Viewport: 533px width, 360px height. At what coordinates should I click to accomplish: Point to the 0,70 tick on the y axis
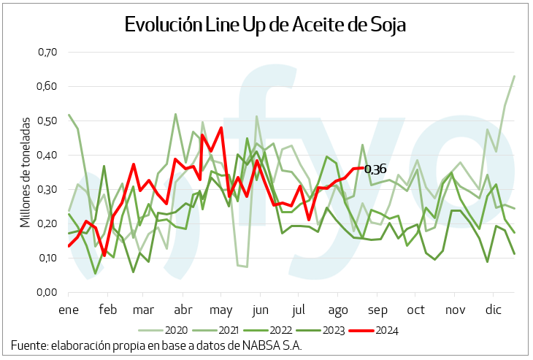[x=47, y=52]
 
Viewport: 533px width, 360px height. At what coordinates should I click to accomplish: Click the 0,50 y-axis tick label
[x=47, y=120]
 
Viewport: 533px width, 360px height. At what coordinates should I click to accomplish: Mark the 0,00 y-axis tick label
[x=47, y=292]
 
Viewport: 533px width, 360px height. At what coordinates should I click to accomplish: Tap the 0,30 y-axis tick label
[x=47, y=189]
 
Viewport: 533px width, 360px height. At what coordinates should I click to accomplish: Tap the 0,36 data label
[x=375, y=169]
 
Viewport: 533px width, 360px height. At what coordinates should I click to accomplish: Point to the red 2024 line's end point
[x=363, y=168]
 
